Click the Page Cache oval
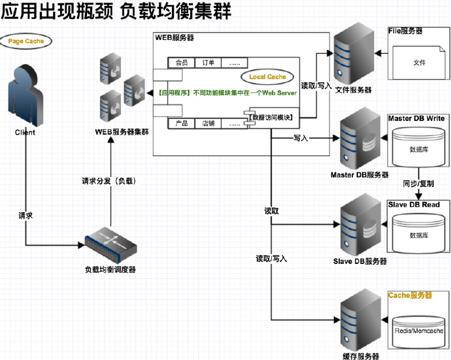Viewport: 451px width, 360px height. [25, 41]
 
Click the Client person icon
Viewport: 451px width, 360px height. [25, 95]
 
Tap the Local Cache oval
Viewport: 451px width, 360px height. [267, 77]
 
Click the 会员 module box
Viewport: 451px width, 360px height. [181, 63]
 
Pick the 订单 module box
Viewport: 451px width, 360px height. [208, 63]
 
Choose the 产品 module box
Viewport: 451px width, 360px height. [181, 123]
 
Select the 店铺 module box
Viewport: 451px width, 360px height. [208, 123]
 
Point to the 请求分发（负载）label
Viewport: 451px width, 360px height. [109, 180]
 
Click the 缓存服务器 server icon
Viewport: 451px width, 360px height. [359, 322]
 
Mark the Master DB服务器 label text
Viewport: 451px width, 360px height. [359, 175]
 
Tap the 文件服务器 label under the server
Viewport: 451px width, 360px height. [353, 90]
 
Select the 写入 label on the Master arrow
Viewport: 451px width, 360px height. [301, 139]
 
